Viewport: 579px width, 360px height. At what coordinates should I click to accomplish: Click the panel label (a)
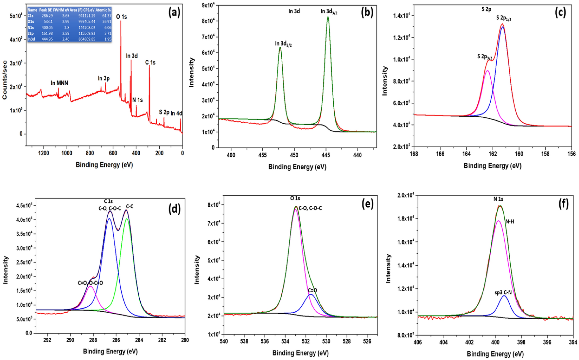174,13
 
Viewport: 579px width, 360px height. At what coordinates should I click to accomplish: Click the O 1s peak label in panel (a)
121,17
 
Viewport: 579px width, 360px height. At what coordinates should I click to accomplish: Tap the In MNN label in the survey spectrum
59,83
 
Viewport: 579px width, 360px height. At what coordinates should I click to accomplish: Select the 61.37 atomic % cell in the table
107,16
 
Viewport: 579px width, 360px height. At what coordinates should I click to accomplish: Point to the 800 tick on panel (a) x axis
90,153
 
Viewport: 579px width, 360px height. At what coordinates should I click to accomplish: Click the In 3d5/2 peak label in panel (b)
283,44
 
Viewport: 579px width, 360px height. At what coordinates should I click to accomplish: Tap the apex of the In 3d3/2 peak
328,17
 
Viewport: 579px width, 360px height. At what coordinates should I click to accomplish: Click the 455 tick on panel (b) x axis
262,155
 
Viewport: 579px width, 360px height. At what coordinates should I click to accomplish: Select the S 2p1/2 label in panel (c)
503,18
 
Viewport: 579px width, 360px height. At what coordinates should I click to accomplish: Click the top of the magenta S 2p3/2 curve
487,71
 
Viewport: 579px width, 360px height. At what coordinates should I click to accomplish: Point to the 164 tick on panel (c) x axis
466,154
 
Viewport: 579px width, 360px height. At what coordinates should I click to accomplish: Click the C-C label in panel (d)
130,207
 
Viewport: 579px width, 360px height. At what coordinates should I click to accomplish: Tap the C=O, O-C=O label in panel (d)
90,283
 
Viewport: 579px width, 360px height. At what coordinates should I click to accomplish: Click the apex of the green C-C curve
127,219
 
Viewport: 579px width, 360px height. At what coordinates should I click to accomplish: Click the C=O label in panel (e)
312,290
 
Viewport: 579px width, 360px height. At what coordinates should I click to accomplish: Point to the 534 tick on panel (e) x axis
285,341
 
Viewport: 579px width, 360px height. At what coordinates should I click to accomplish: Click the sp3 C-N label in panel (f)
503,293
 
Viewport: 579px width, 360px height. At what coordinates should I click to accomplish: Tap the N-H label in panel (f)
510,222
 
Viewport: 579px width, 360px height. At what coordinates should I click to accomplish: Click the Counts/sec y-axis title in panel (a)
5,80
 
